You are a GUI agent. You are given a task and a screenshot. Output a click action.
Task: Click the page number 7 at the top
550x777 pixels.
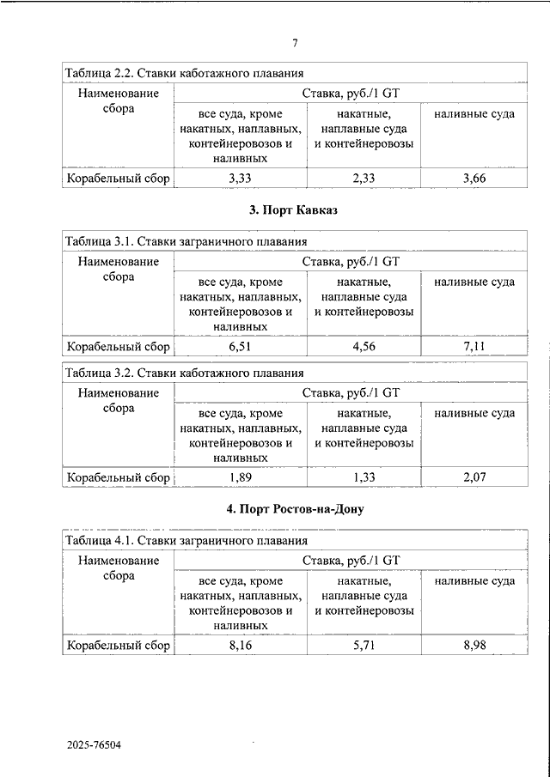(x=294, y=43)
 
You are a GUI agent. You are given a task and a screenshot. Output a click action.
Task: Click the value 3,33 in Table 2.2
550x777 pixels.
(x=238, y=179)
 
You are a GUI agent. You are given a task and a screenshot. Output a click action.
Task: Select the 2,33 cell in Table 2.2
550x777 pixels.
(x=364, y=179)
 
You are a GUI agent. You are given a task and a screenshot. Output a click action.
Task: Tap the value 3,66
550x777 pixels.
(x=474, y=179)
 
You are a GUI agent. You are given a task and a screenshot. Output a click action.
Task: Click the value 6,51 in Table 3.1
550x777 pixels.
(x=238, y=347)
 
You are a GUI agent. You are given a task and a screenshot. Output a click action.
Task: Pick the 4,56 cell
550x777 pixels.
(x=364, y=347)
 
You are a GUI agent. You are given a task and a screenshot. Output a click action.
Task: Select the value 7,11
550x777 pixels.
(x=474, y=347)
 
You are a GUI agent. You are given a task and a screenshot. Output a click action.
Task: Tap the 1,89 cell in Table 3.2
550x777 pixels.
(x=238, y=477)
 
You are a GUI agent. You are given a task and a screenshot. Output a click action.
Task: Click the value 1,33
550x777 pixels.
(x=364, y=477)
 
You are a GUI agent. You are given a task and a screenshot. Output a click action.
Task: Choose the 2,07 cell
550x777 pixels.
(x=474, y=477)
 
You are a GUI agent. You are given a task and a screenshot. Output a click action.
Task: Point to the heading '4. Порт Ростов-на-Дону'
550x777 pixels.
(x=295, y=509)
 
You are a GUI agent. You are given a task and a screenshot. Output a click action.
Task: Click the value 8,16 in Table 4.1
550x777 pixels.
(x=238, y=646)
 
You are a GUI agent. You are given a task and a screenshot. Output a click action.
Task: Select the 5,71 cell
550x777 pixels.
(x=364, y=646)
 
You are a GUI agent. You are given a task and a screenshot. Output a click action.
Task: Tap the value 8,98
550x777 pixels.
(x=474, y=646)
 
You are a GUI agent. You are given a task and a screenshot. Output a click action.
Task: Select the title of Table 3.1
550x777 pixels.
(x=186, y=241)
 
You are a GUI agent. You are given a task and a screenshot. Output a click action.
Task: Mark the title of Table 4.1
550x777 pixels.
(x=186, y=541)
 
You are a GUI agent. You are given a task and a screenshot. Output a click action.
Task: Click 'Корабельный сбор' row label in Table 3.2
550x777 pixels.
(x=118, y=477)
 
